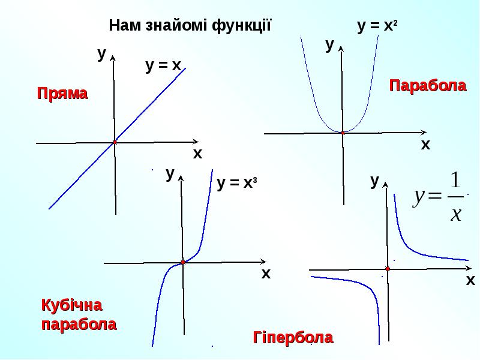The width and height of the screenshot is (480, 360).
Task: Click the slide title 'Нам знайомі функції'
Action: (190, 26)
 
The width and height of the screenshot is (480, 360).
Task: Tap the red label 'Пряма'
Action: (62, 94)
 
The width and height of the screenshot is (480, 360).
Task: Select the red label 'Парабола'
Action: (428, 86)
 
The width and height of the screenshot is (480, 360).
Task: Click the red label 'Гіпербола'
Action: (293, 338)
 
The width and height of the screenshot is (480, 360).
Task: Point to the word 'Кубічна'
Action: (71, 305)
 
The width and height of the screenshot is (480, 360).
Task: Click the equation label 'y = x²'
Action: (378, 26)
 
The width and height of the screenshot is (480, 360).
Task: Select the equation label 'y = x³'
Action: (237, 184)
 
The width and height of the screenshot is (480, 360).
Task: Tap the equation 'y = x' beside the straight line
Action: (163, 65)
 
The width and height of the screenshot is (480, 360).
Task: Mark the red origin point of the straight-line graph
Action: (114, 142)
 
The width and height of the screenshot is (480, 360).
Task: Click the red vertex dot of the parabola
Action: (343, 132)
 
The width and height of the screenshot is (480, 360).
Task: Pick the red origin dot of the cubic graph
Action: (182, 262)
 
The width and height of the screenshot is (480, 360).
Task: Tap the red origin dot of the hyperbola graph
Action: (388, 269)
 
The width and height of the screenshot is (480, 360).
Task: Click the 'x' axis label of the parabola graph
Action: (425, 145)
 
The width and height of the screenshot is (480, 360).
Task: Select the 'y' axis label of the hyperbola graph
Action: (375, 181)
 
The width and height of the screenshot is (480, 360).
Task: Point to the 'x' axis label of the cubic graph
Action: (266, 274)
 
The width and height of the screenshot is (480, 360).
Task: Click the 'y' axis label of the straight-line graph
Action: (102, 53)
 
